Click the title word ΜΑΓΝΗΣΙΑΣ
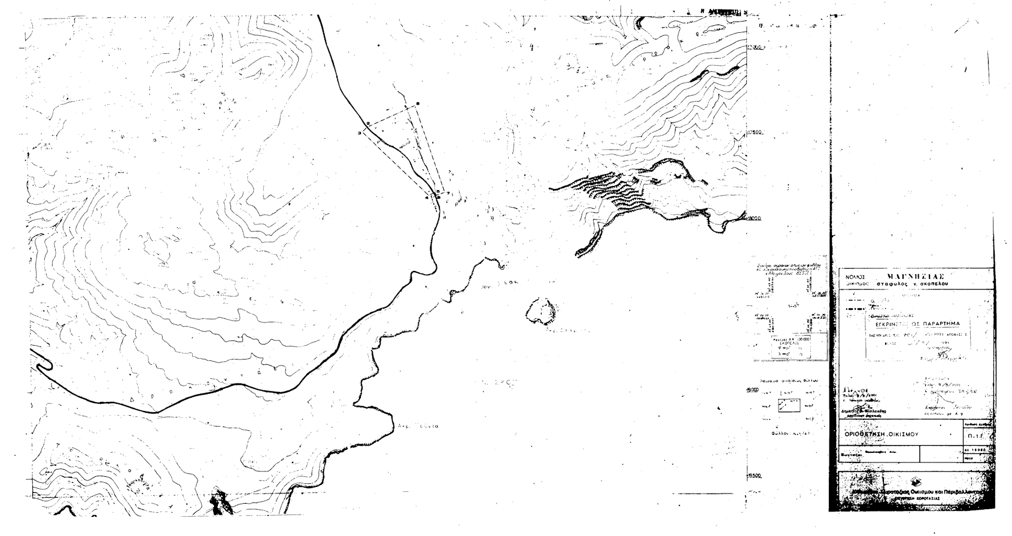[916, 276]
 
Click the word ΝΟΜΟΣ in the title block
[855, 278]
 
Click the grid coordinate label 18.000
[753, 218]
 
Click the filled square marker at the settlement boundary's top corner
[418, 103]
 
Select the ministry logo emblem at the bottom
[914, 481]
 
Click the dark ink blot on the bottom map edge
[219, 502]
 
